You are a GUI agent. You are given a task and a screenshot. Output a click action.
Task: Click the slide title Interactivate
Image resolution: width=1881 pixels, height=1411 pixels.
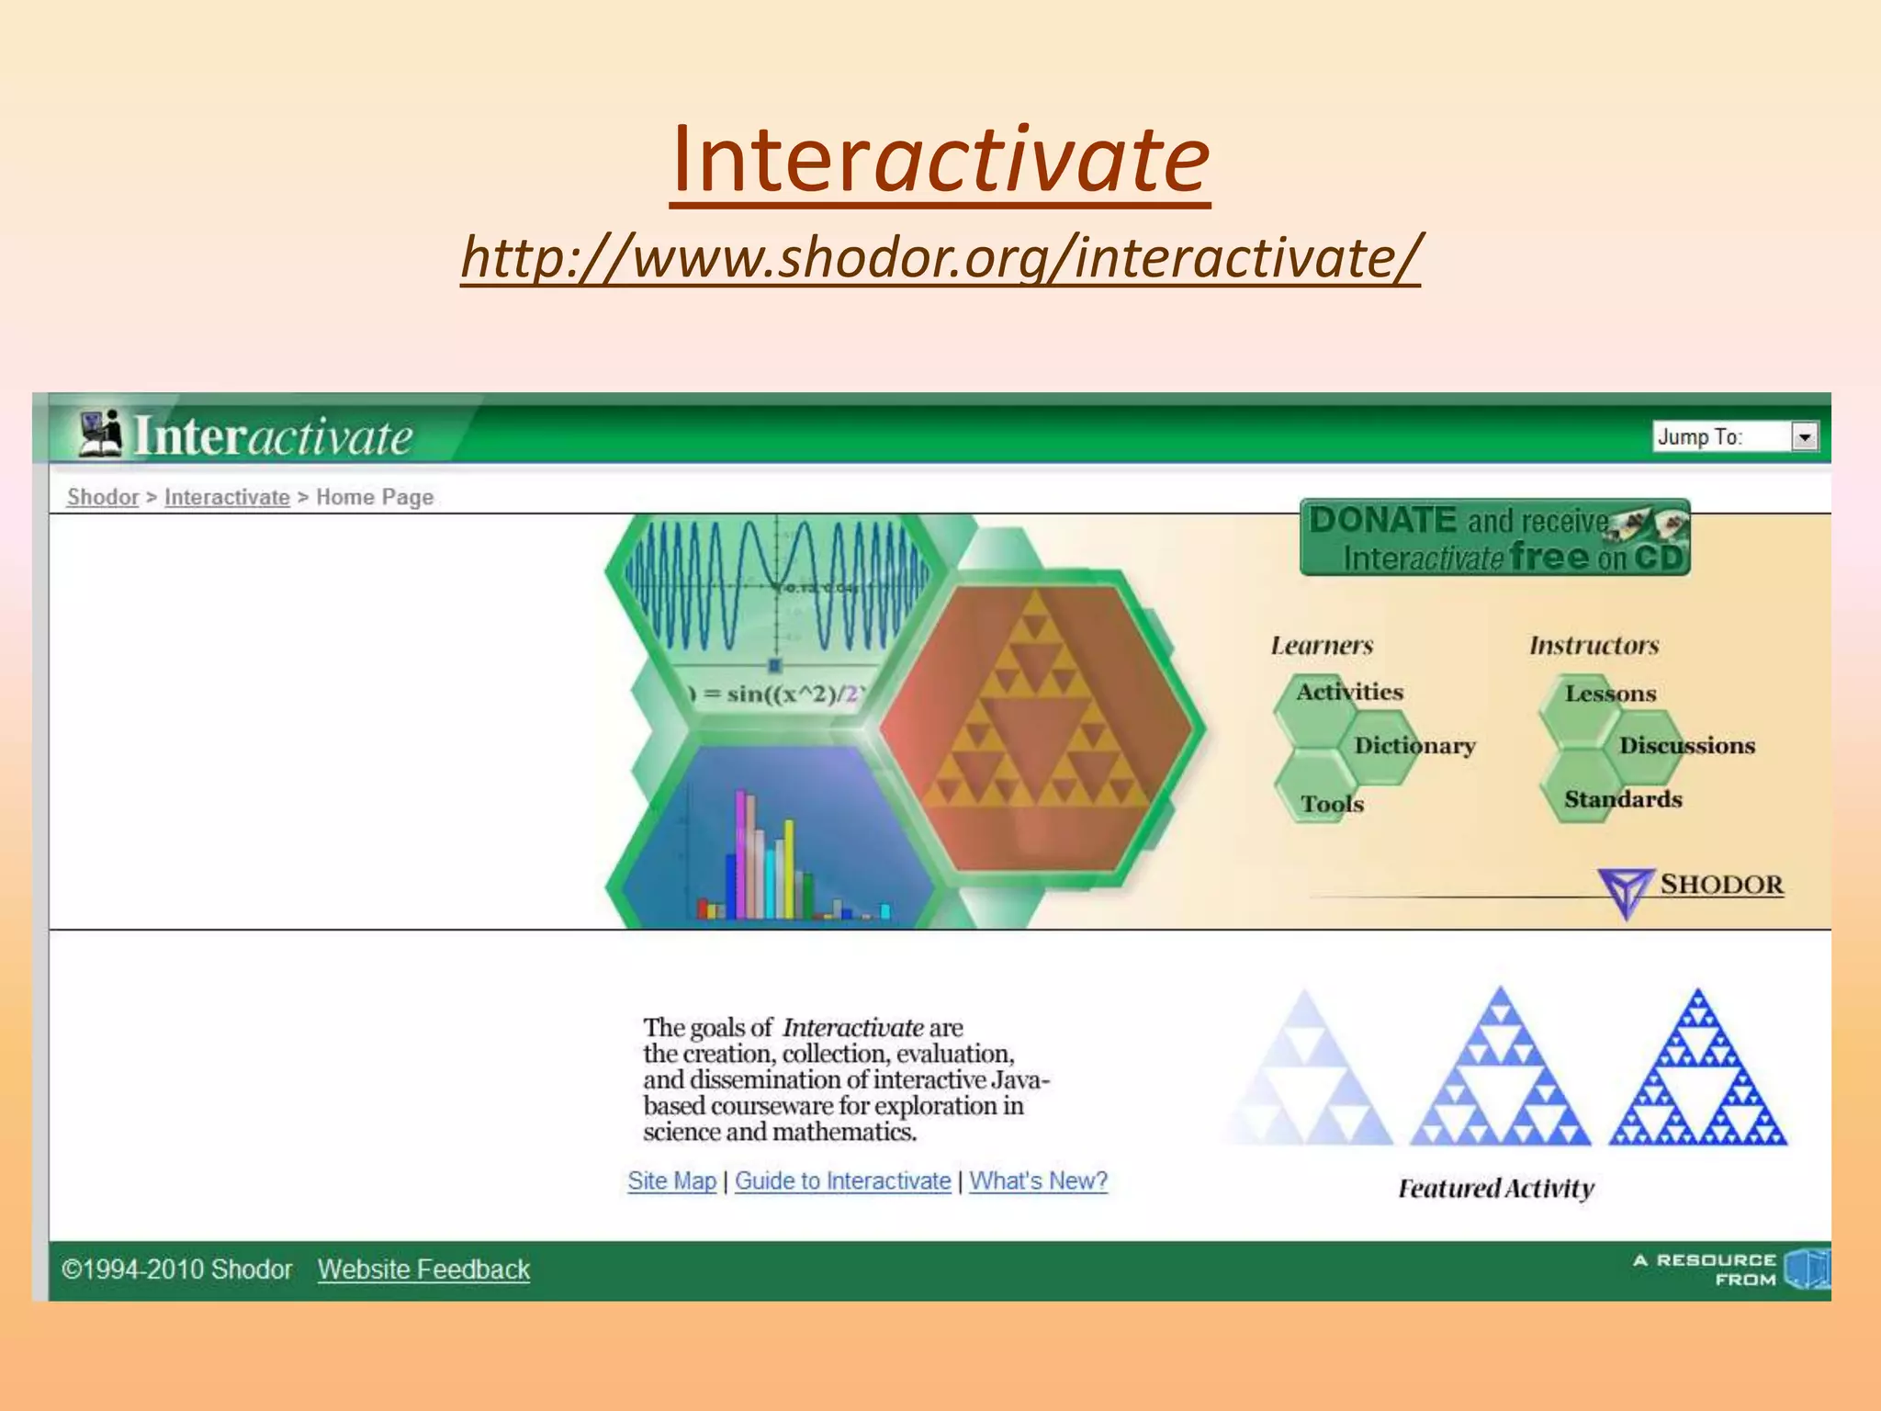pos(940,161)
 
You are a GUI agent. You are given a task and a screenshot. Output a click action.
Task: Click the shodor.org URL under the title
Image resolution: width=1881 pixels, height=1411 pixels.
pos(940,257)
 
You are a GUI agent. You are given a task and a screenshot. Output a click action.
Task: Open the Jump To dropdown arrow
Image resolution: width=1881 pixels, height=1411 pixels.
pos(1804,437)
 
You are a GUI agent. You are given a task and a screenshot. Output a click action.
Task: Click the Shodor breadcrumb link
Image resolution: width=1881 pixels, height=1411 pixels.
pos(102,497)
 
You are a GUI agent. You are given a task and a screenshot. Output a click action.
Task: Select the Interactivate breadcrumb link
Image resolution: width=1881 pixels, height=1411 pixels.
pos(227,497)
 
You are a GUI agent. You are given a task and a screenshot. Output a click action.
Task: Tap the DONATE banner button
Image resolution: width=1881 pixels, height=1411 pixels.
pos(1494,538)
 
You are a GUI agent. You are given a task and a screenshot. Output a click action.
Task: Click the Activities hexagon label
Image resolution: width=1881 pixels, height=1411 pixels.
pos(1349,692)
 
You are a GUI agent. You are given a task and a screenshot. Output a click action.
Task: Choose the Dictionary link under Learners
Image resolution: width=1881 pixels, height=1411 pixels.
pos(1414,745)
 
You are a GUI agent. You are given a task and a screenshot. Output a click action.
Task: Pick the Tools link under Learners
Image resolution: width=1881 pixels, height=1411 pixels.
pos(1332,804)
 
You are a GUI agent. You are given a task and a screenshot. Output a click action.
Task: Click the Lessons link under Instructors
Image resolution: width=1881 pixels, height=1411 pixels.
pos(1610,694)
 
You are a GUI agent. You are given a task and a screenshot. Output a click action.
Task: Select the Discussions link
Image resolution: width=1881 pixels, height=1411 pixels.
pos(1686,745)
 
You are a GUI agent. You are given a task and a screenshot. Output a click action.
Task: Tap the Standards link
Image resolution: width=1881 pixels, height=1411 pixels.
pos(1623,799)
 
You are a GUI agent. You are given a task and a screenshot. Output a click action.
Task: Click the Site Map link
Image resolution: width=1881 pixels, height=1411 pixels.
pos(671,1181)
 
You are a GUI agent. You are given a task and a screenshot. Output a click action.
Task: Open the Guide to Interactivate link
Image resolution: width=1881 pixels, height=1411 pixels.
pos(842,1181)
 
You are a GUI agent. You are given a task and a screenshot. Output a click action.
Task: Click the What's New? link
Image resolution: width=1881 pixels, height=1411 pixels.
pos(1038,1181)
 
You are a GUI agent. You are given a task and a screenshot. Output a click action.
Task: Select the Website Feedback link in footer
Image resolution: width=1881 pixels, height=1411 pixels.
pos(423,1270)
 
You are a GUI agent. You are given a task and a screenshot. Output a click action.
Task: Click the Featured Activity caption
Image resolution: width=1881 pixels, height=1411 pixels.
pos(1495,1189)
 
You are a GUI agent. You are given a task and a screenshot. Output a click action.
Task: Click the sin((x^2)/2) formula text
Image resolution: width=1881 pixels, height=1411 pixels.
pos(781,694)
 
